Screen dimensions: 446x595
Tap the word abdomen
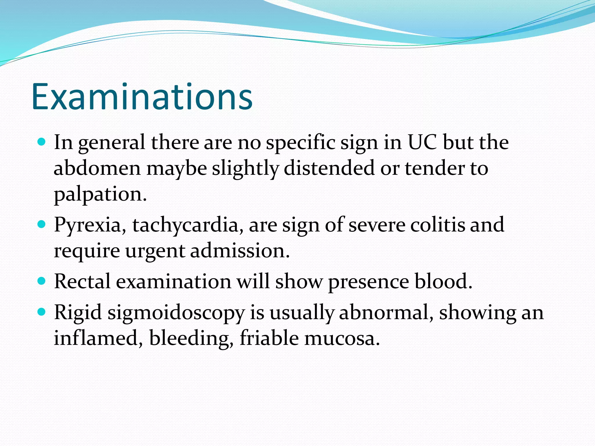(97, 168)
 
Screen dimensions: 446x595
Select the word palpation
(100, 194)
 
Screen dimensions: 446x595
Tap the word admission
(240, 251)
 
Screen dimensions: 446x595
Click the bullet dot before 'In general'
(42, 142)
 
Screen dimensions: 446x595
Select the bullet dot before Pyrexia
(42, 224)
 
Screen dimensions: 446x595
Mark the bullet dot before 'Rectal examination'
(42, 281)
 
